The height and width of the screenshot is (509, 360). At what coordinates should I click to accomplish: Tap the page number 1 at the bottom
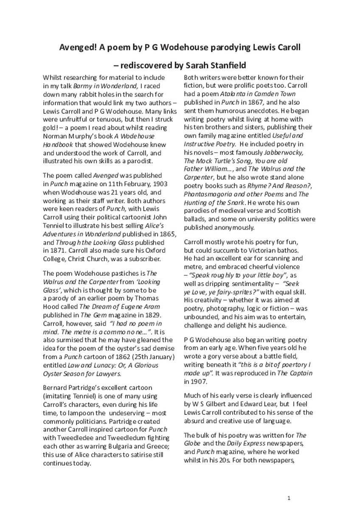(x=289, y=498)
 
